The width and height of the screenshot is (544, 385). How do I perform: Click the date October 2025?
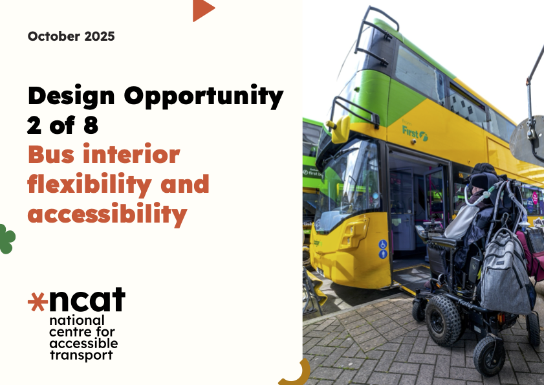point(71,36)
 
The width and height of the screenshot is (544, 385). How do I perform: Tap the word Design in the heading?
point(70,96)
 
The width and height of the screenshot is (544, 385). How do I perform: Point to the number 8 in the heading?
point(91,126)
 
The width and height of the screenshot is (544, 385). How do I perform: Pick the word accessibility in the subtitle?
point(107,214)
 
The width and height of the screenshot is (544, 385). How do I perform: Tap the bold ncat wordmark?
point(87,300)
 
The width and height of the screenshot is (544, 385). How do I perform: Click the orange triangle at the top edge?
point(202,10)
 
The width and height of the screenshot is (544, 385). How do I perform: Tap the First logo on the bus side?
point(415,132)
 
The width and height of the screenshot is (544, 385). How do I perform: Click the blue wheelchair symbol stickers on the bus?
point(383,249)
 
